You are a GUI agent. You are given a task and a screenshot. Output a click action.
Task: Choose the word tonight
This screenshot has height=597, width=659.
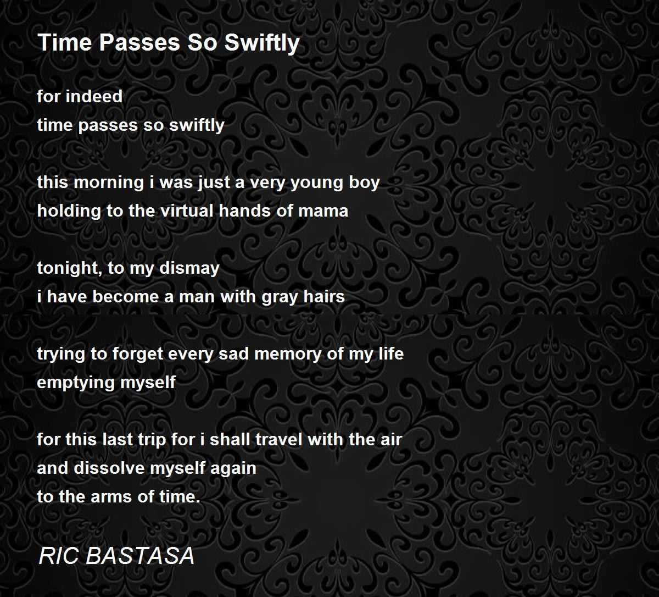click(65, 268)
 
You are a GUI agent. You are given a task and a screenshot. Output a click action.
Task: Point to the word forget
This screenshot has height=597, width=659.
click(138, 354)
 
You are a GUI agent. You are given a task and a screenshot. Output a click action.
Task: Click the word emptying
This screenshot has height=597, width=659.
click(70, 383)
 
